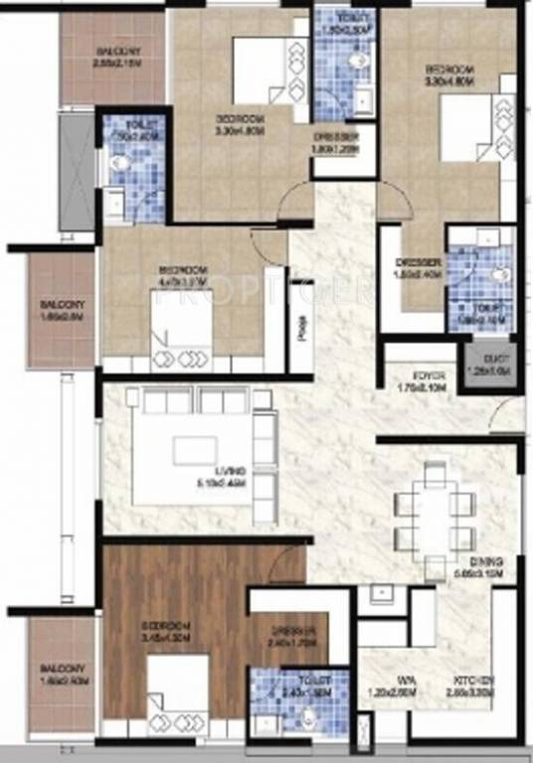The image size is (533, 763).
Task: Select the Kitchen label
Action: click(473, 680)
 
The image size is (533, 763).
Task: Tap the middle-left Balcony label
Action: click(61, 304)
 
